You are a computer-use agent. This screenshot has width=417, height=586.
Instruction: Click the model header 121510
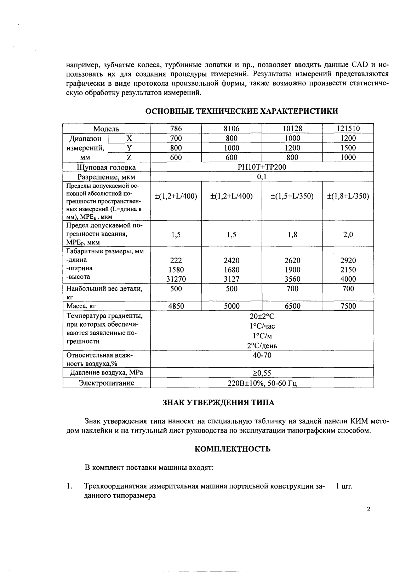coord(348,129)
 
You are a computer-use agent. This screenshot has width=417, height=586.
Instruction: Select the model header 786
coord(176,129)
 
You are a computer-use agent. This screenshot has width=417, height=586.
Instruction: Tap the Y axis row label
coord(129,148)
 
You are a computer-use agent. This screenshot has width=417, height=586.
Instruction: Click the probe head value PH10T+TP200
coord(262,167)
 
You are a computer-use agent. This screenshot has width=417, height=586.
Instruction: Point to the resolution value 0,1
coord(262,177)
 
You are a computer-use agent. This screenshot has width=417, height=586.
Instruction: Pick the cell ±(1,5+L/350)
coord(292,196)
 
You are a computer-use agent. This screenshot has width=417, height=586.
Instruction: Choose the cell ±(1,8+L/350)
coord(348,196)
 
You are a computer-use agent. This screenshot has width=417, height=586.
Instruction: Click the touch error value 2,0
coord(348,235)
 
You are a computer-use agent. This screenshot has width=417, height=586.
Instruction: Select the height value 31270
coord(176,279)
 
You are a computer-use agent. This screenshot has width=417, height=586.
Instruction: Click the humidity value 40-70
coord(262,355)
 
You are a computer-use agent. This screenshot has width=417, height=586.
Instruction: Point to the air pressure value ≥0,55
coord(262,373)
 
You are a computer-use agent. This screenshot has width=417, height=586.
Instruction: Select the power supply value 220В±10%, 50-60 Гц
coord(262,383)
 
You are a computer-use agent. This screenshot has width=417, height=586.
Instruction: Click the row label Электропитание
coord(107,383)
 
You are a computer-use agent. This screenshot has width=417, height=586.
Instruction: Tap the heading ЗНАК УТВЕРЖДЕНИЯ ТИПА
coord(218,402)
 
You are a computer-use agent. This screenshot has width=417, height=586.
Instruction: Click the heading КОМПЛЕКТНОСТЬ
coord(233,449)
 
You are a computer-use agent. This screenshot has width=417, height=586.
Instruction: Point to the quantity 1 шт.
coord(344,486)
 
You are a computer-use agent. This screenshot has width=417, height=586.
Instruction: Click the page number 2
coord(369,509)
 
